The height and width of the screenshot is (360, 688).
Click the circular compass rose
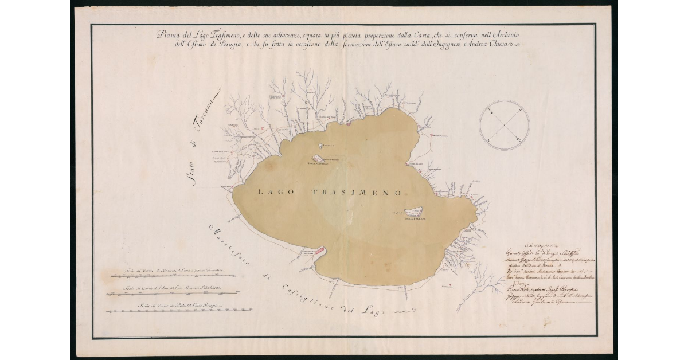[x=504, y=125]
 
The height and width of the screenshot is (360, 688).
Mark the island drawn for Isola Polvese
[x=413, y=213]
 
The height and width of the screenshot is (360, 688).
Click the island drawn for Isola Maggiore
[x=316, y=159]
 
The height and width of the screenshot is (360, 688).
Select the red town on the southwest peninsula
[x=319, y=250]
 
